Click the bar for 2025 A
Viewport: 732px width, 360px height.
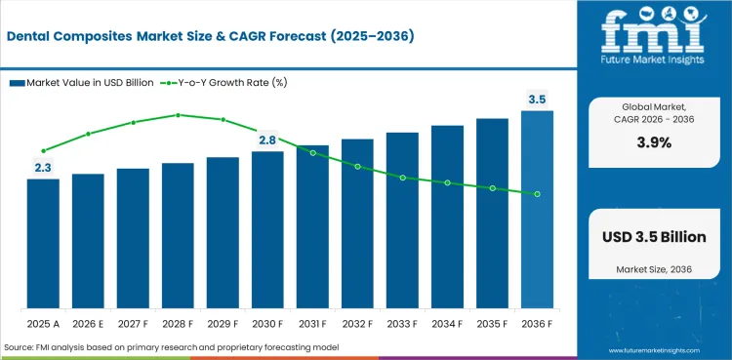click(43, 243)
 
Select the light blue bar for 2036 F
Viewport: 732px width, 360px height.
click(538, 209)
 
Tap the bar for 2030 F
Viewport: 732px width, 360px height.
click(267, 229)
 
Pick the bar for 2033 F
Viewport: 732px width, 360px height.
click(402, 220)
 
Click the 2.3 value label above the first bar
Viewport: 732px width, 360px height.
click(43, 168)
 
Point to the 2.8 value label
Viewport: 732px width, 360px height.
click(267, 140)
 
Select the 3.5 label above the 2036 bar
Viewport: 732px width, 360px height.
click(538, 100)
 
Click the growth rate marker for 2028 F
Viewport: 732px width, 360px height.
click(178, 115)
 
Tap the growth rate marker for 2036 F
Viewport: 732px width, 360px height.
click(538, 194)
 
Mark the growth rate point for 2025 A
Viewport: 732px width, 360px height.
click(43, 151)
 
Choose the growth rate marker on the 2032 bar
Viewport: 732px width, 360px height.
click(357, 166)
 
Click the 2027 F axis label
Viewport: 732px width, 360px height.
click(133, 324)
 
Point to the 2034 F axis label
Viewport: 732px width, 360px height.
click(447, 324)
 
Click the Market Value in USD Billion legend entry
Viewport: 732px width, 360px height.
click(82, 83)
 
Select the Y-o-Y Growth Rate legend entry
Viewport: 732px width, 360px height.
click(224, 83)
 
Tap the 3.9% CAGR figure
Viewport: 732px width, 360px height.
click(654, 142)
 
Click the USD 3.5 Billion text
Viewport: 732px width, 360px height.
click(654, 237)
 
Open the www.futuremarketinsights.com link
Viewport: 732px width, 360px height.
click(654, 350)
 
